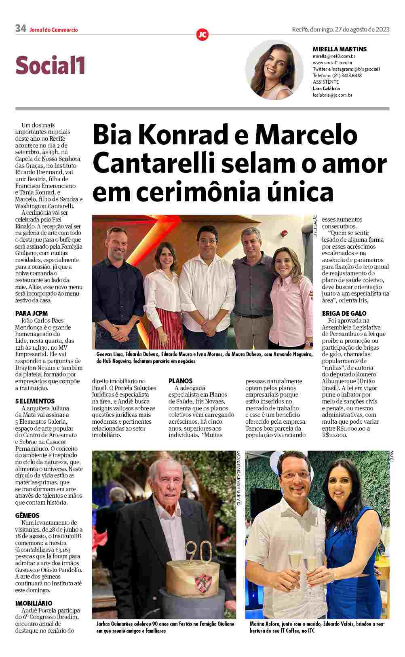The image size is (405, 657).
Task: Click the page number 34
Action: pyautogui.click(x=21, y=28)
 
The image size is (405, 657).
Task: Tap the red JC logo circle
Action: pyautogui.click(x=202, y=35)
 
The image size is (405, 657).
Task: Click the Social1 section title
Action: pyautogui.click(x=50, y=65)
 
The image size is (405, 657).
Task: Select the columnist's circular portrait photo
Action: pyautogui.click(x=274, y=70)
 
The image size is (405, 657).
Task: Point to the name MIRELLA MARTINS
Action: pyautogui.click(x=340, y=49)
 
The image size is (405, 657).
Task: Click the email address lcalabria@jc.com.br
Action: pyautogui.click(x=333, y=95)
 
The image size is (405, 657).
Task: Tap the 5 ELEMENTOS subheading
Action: pyautogui.click(x=35, y=401)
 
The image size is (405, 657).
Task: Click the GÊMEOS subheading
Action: pyautogui.click(x=27, y=515)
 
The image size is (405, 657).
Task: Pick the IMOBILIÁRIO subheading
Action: pyautogui.click(x=34, y=603)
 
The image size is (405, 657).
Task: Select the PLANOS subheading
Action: pyautogui.click(x=180, y=381)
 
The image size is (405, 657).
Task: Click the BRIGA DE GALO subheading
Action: pyautogui.click(x=344, y=313)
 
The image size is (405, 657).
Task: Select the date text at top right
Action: pyautogui.click(x=341, y=29)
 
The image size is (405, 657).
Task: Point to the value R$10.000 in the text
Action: pyautogui.click(x=335, y=435)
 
